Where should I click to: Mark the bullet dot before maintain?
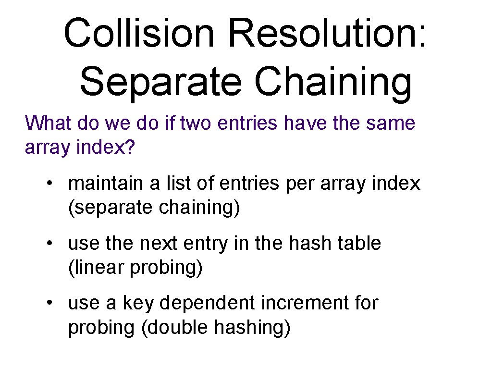coord(50,184)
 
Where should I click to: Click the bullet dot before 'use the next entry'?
coord(50,244)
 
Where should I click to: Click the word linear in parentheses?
coord(98,268)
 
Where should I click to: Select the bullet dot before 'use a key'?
coord(50,304)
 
